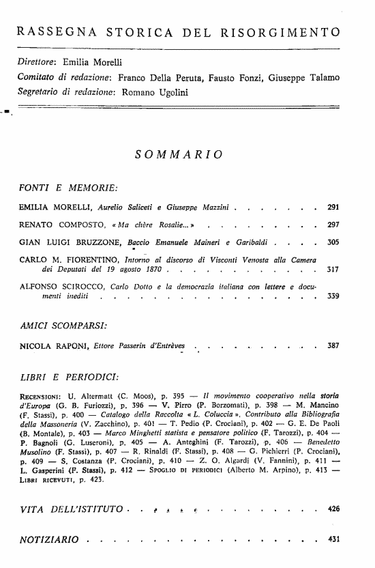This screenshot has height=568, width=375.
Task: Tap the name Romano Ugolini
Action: point(150,91)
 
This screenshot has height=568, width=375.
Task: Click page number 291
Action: point(333,207)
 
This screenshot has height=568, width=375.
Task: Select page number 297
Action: point(333,224)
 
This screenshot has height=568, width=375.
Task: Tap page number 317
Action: point(333,270)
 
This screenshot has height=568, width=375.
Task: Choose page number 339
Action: point(333,297)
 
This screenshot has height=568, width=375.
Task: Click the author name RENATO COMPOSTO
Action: point(57,224)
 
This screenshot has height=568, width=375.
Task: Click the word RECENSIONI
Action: point(41,396)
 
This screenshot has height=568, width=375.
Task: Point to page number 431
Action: point(333,539)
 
